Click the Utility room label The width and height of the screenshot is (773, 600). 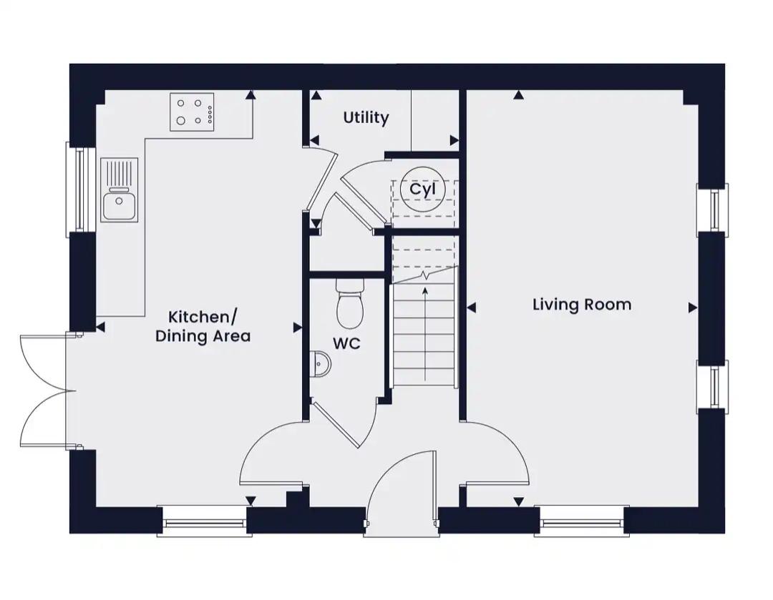(366, 117)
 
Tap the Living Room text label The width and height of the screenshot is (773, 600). (582, 305)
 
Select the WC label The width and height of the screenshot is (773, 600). (346, 343)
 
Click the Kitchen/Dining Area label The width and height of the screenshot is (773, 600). (203, 326)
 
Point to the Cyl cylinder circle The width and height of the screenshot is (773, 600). (422, 190)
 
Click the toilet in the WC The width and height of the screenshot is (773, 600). (350, 301)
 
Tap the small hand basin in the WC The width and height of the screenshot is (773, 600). (321, 365)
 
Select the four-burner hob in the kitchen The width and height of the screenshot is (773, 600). (192, 112)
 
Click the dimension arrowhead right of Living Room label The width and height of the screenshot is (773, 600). (693, 308)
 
